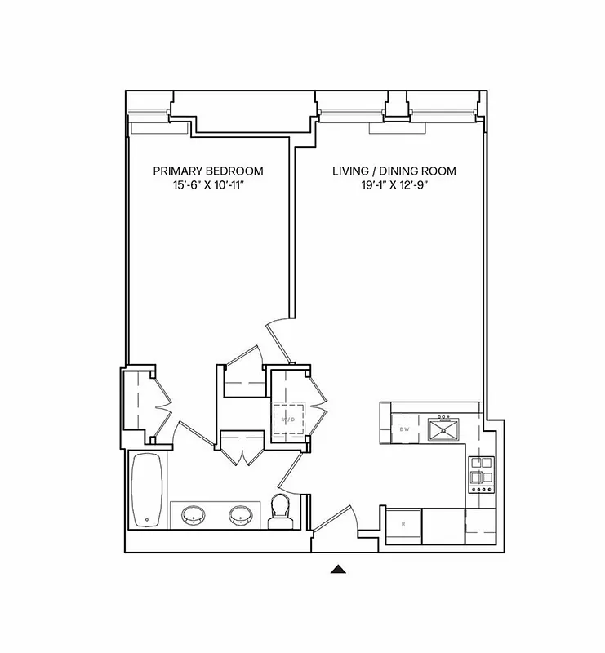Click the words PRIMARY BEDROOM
click(x=209, y=171)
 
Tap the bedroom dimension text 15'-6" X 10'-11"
click(x=209, y=186)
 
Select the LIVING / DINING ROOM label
click(x=394, y=171)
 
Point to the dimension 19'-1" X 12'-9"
click(x=394, y=186)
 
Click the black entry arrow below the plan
click(x=340, y=569)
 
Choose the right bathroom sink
click(x=240, y=516)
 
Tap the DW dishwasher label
click(x=403, y=429)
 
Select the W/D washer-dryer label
click(x=288, y=420)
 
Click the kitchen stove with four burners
click(x=478, y=473)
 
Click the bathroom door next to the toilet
click(x=291, y=472)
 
